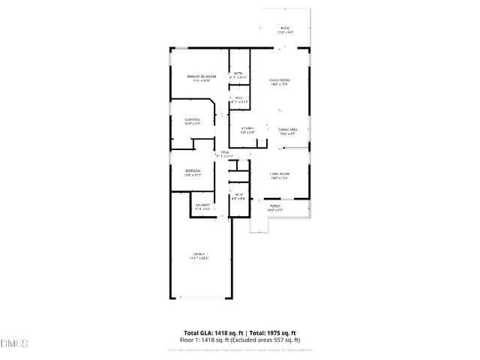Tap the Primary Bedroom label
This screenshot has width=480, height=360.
coord(202,76)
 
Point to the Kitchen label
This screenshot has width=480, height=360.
coord(247,128)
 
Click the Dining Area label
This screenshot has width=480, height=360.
coord(289,129)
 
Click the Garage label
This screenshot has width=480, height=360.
coord(199,254)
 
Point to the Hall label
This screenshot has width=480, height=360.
coord(223,151)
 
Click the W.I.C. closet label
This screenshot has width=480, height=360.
coord(238,97)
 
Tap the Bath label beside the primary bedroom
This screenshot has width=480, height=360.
coord(238,73)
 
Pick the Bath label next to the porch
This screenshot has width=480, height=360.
coord(237,196)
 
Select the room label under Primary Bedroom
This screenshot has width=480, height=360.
coord(193,120)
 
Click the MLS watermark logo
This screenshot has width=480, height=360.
coord(13,344)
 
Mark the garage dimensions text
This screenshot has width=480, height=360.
coord(199,258)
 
